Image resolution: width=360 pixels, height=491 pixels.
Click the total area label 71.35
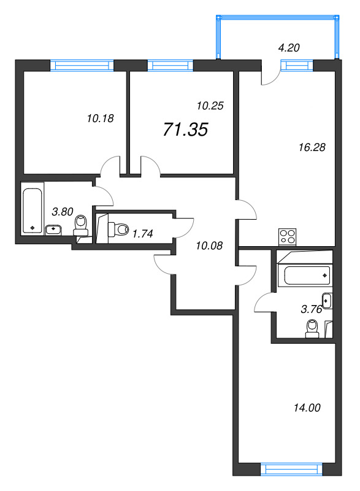click(x=185, y=130)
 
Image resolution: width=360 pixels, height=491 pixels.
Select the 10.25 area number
click(x=209, y=106)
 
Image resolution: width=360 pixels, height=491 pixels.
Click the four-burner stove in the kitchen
click(x=287, y=236)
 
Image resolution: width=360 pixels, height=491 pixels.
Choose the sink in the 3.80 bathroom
click(x=53, y=230)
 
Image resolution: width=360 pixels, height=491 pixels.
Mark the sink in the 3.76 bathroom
click(x=327, y=301)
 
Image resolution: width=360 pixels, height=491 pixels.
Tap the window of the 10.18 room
click(x=82, y=63)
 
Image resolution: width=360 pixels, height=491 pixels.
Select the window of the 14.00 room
click(x=292, y=470)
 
